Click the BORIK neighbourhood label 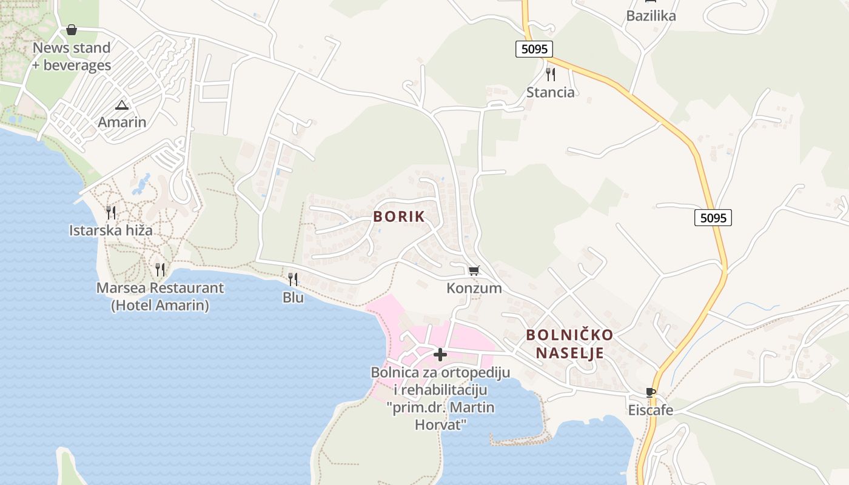(399, 216)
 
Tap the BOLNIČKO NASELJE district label (569, 344)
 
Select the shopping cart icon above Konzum (474, 270)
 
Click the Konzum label (474, 288)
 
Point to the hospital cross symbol (440, 355)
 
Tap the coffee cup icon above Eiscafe (651, 393)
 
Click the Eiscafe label (651, 410)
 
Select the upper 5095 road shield (534, 49)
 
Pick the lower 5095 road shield (713, 218)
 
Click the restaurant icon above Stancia (550, 75)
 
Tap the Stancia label (550, 92)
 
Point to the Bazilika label (651, 16)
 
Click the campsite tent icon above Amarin (122, 105)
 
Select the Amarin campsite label (122, 122)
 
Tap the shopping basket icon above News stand (72, 30)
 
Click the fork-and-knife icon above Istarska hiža (111, 212)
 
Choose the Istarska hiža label (111, 230)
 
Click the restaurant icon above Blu (293, 279)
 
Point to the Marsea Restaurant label (160, 296)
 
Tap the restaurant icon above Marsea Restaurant (160, 270)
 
